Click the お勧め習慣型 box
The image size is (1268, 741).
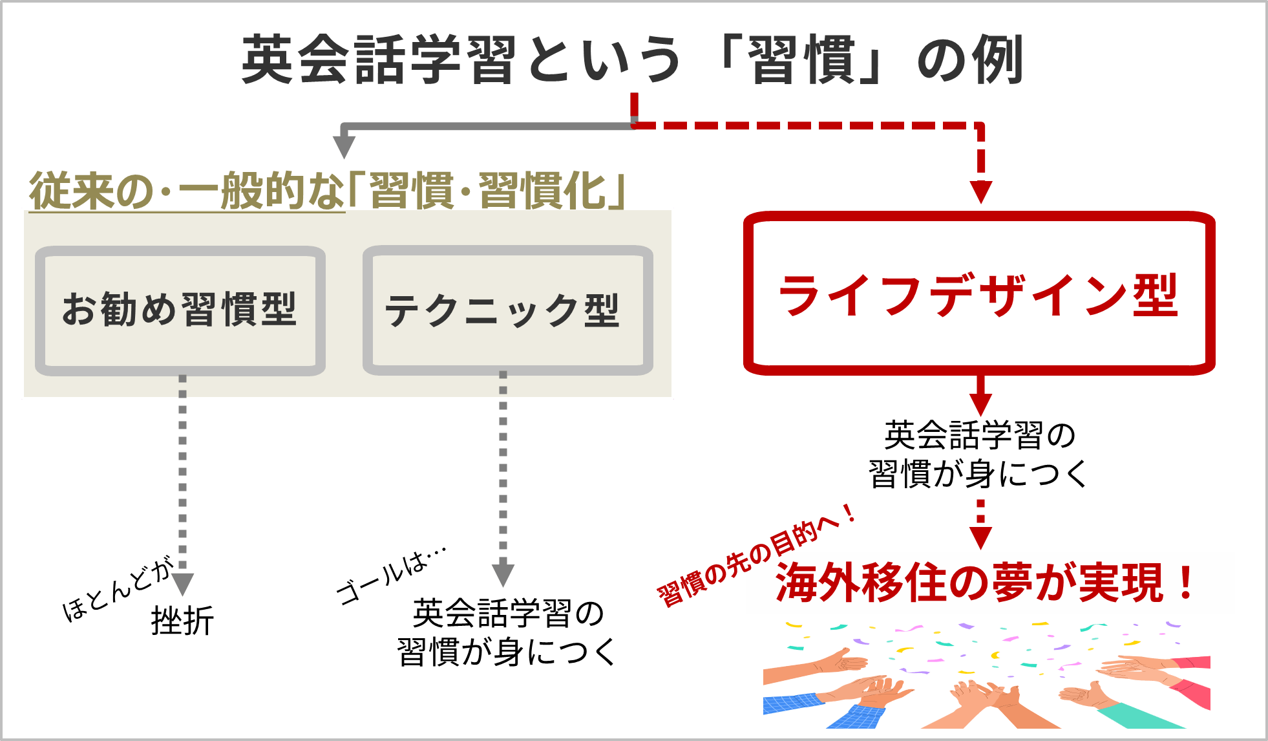point(180,310)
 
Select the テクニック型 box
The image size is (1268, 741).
point(507,310)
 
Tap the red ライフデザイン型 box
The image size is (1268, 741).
point(978,294)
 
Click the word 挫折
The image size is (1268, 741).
point(182,621)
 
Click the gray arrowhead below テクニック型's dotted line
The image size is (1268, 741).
point(503,574)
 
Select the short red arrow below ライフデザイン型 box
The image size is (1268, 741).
point(980,396)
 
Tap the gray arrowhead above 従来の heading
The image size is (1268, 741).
point(344,145)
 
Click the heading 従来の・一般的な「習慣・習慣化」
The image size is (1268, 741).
point(326,191)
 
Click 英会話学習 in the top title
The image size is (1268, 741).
point(378,60)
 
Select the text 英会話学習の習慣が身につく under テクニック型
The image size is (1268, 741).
point(507,632)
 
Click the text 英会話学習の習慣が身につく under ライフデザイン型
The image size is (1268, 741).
point(978,455)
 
